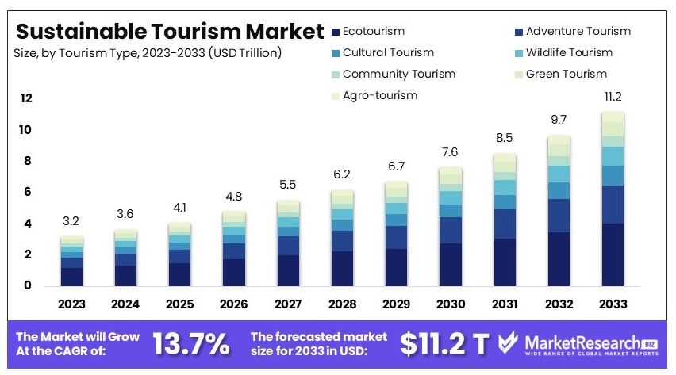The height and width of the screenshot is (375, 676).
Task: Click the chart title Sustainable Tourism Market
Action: coord(170,32)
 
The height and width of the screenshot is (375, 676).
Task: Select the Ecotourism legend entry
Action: coord(373,32)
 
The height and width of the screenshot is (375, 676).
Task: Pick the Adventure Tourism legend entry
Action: coord(578,32)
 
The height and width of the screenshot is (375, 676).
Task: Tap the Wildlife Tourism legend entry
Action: coord(569,53)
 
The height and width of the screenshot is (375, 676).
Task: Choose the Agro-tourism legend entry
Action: coord(379,96)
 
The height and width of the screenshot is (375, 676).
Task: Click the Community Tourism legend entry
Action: coord(398,75)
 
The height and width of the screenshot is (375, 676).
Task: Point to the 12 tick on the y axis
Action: coord(26,98)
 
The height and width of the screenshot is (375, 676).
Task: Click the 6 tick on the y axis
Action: coord(26,192)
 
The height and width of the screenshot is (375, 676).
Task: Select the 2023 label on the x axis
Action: coord(71,304)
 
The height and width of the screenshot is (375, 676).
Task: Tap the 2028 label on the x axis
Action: coord(342,304)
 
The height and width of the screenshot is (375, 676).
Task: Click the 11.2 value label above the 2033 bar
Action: coord(612,98)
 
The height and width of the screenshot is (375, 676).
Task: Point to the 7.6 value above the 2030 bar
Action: coord(450,152)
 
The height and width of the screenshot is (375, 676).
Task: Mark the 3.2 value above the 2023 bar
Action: coord(71,221)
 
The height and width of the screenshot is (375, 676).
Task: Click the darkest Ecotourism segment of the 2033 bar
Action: coord(612,255)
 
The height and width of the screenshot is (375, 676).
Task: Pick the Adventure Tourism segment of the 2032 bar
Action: coord(558,216)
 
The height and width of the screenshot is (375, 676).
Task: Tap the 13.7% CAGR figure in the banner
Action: coord(191,343)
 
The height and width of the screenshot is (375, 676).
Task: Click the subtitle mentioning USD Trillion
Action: coord(148,53)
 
